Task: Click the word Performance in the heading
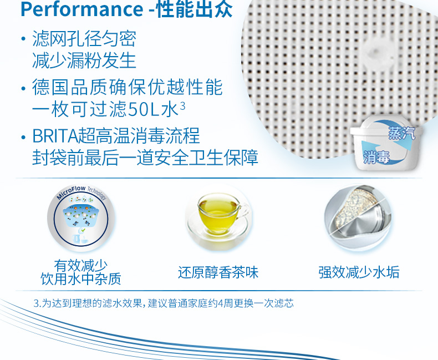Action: [x=82, y=9]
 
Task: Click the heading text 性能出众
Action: [x=195, y=9]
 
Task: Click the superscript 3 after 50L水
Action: [x=182, y=106]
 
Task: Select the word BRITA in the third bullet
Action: [x=55, y=136]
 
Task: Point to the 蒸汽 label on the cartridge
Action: [x=402, y=133]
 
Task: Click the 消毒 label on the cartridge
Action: [x=376, y=157]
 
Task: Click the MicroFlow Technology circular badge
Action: [x=81, y=217]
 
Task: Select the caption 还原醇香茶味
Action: [x=218, y=272]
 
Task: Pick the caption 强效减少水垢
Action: [x=359, y=272]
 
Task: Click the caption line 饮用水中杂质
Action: [x=81, y=279]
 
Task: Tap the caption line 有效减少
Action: [x=81, y=265]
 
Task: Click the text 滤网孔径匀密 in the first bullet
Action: [x=84, y=39]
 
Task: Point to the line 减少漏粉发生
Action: [x=84, y=60]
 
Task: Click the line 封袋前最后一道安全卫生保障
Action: [x=145, y=158]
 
